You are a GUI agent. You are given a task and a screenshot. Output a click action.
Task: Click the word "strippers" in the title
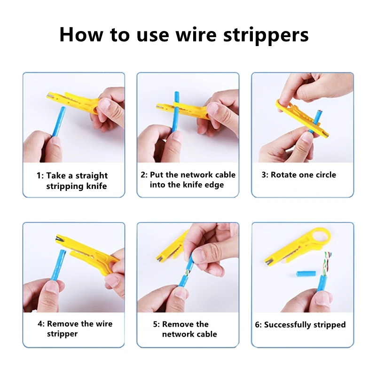(x=266, y=35)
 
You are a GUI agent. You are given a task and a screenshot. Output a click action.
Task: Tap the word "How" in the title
(x=81, y=34)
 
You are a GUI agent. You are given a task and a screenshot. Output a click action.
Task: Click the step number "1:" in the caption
(x=40, y=175)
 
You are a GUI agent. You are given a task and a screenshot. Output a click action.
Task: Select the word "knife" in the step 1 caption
(x=96, y=186)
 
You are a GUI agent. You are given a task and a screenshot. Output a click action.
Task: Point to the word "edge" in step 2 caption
(x=214, y=185)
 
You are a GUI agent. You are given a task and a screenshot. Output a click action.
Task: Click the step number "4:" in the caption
(x=41, y=324)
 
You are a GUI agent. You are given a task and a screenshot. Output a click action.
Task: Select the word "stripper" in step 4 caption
(x=63, y=334)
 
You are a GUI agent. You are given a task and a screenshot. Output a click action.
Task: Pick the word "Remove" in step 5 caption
(x=178, y=324)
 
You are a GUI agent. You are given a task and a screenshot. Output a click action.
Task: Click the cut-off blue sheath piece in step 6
(x=306, y=274)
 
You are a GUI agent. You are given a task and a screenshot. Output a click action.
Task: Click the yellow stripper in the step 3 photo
(x=302, y=119)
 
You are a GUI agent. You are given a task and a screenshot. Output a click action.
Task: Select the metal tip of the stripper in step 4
(x=58, y=239)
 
